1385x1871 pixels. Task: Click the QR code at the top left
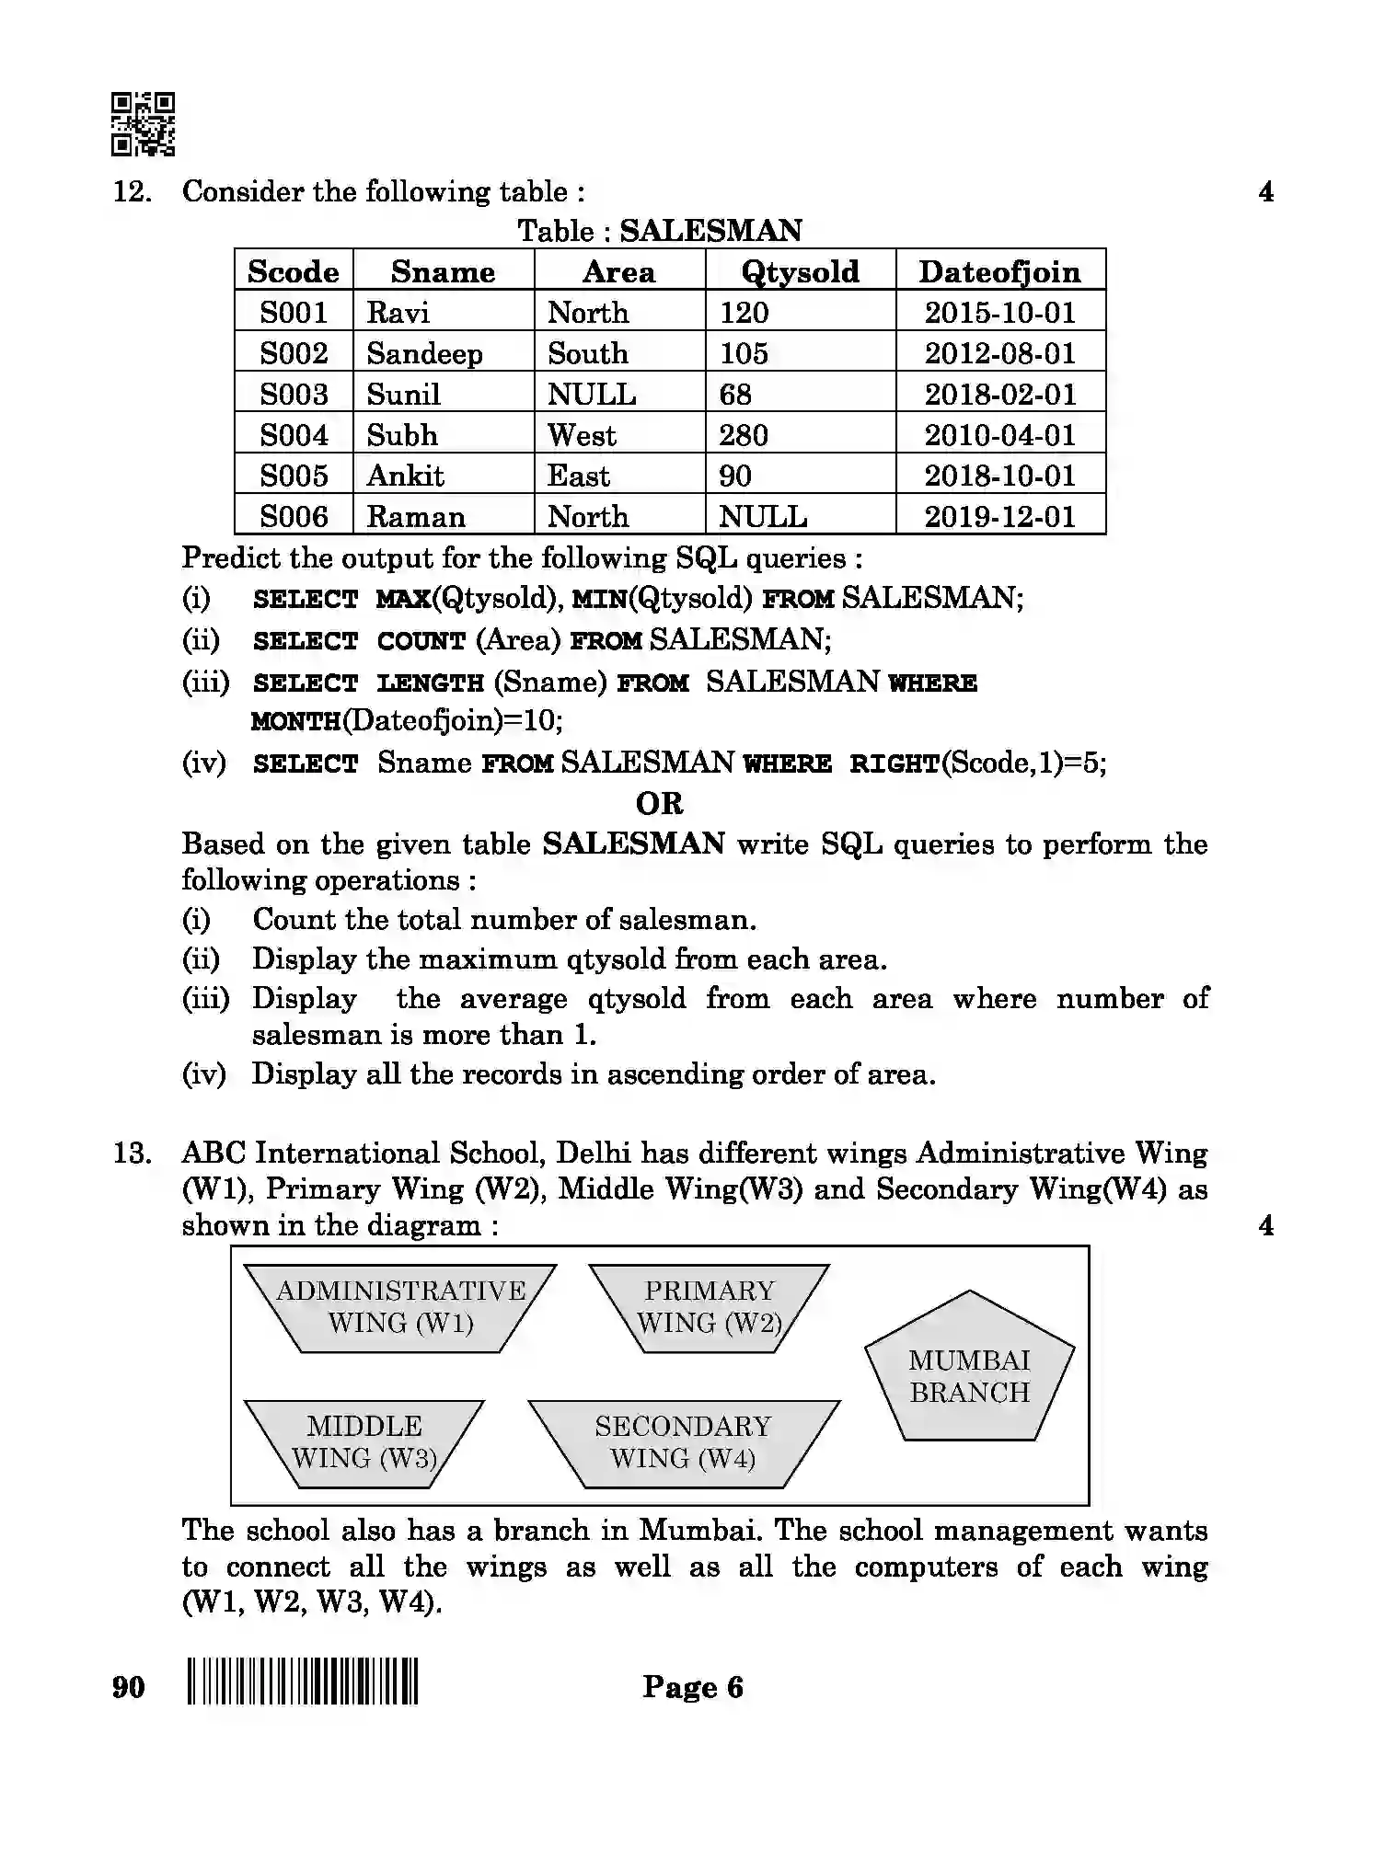tap(143, 123)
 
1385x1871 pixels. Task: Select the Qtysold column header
tap(800, 271)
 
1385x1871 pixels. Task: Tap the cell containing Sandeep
tap(424, 353)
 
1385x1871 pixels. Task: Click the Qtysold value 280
tap(744, 435)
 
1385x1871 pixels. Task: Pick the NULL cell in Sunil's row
tap(592, 395)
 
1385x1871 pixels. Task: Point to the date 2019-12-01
tap(999, 517)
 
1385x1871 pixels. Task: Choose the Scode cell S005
tap(294, 476)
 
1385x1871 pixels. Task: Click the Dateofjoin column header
tap(999, 271)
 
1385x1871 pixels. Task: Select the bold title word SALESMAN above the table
tap(710, 230)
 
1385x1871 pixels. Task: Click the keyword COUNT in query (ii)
tap(421, 641)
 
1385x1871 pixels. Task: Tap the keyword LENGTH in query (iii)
tap(430, 683)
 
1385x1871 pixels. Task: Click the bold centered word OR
tap(659, 804)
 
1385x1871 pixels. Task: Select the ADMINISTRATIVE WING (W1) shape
tap(400, 1307)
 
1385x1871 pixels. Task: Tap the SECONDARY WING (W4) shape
tap(683, 1442)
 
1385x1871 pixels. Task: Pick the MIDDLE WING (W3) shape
tap(364, 1442)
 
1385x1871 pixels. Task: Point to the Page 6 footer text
tap(692, 1687)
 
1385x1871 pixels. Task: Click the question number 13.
tap(132, 1154)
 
